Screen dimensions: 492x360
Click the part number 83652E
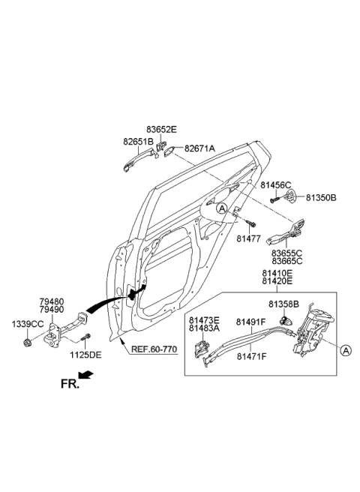pos(161,130)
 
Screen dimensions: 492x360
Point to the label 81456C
pos(276,184)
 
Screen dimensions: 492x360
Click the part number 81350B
pos(321,198)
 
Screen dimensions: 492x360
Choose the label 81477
pos(247,238)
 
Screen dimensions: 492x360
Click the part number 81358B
pos(284,304)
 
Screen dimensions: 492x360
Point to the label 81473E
pos(204,319)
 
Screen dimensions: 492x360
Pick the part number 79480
pos(52,301)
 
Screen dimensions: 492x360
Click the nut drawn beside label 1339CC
pos(27,342)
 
